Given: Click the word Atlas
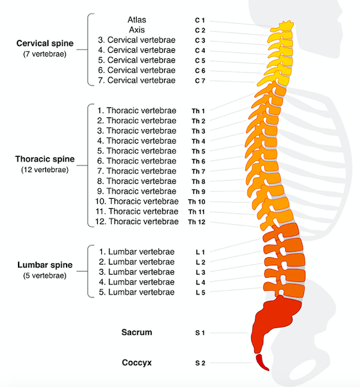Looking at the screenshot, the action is (137, 20).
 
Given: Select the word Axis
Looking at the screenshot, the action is (137, 30).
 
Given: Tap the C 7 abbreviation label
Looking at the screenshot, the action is (200, 81).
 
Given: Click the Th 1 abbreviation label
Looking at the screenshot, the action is (198, 111).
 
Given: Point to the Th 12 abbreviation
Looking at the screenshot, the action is (196, 222).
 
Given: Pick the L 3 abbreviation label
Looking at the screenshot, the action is (200, 272).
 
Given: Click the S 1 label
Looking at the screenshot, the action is (200, 333).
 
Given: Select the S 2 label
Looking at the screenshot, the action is (200, 363).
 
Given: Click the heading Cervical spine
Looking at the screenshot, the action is (45, 43).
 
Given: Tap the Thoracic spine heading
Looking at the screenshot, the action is (45, 159).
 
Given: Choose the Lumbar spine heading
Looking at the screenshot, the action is (45, 265).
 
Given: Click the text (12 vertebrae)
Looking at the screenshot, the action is (45, 170).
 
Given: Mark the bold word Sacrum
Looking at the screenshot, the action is (137, 332).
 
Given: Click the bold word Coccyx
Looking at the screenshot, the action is (137, 363).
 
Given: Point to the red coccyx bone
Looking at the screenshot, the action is (261, 362).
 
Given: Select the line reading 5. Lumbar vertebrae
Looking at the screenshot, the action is (137, 292).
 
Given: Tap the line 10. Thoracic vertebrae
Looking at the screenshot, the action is (137, 201).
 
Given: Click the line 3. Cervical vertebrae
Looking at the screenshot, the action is (137, 40).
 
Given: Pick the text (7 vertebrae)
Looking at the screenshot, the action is (45, 54).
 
